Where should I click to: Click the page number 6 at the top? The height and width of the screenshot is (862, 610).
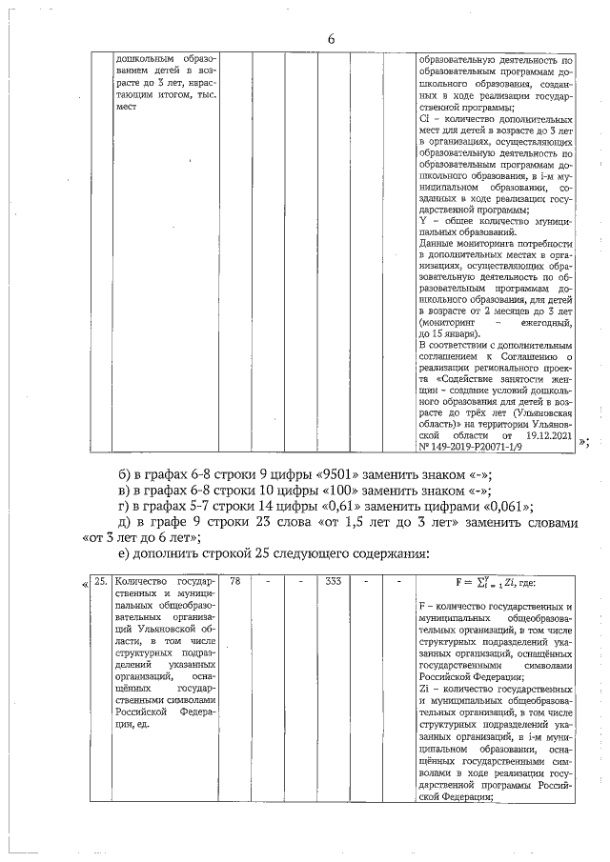point(331,38)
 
